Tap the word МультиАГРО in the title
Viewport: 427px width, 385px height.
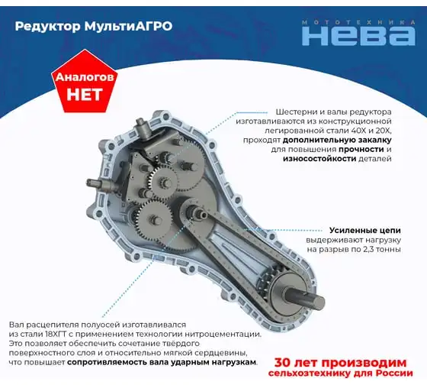tap(129, 26)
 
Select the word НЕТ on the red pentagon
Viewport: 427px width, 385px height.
tap(84, 94)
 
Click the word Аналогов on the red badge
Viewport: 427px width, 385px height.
tap(85, 77)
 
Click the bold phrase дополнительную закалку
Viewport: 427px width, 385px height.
tap(337, 140)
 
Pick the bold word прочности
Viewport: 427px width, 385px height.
tap(361, 149)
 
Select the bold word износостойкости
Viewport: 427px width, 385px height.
tap(319, 159)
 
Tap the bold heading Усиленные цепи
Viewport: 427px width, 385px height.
tap(365, 230)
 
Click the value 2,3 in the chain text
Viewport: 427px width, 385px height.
tap(368, 249)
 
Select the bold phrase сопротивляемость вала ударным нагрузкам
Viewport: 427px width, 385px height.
tap(162, 362)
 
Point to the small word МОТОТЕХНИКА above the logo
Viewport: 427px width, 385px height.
tap(358, 22)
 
